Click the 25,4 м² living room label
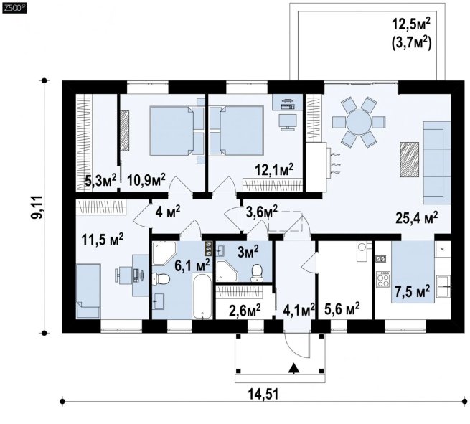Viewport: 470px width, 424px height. (417, 218)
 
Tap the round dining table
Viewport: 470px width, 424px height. (359, 122)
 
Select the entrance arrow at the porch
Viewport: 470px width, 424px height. (294, 368)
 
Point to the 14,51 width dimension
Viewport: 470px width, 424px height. (263, 394)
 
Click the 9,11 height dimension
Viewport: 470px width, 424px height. (38, 207)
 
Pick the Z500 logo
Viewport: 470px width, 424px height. (14, 9)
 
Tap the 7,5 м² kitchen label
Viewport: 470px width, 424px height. (413, 291)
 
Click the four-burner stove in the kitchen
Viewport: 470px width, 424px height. (383, 280)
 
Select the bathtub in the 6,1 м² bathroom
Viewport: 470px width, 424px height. (202, 296)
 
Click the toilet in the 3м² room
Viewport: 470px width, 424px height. (257, 273)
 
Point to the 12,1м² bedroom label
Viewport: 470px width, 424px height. (273, 171)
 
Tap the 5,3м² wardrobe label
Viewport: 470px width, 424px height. (100, 180)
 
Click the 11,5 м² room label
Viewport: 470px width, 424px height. (103, 240)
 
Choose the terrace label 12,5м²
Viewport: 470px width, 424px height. (411, 24)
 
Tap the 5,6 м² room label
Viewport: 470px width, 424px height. (342, 308)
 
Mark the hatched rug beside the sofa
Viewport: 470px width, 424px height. (409, 160)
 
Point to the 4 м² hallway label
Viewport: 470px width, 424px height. (168, 212)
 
